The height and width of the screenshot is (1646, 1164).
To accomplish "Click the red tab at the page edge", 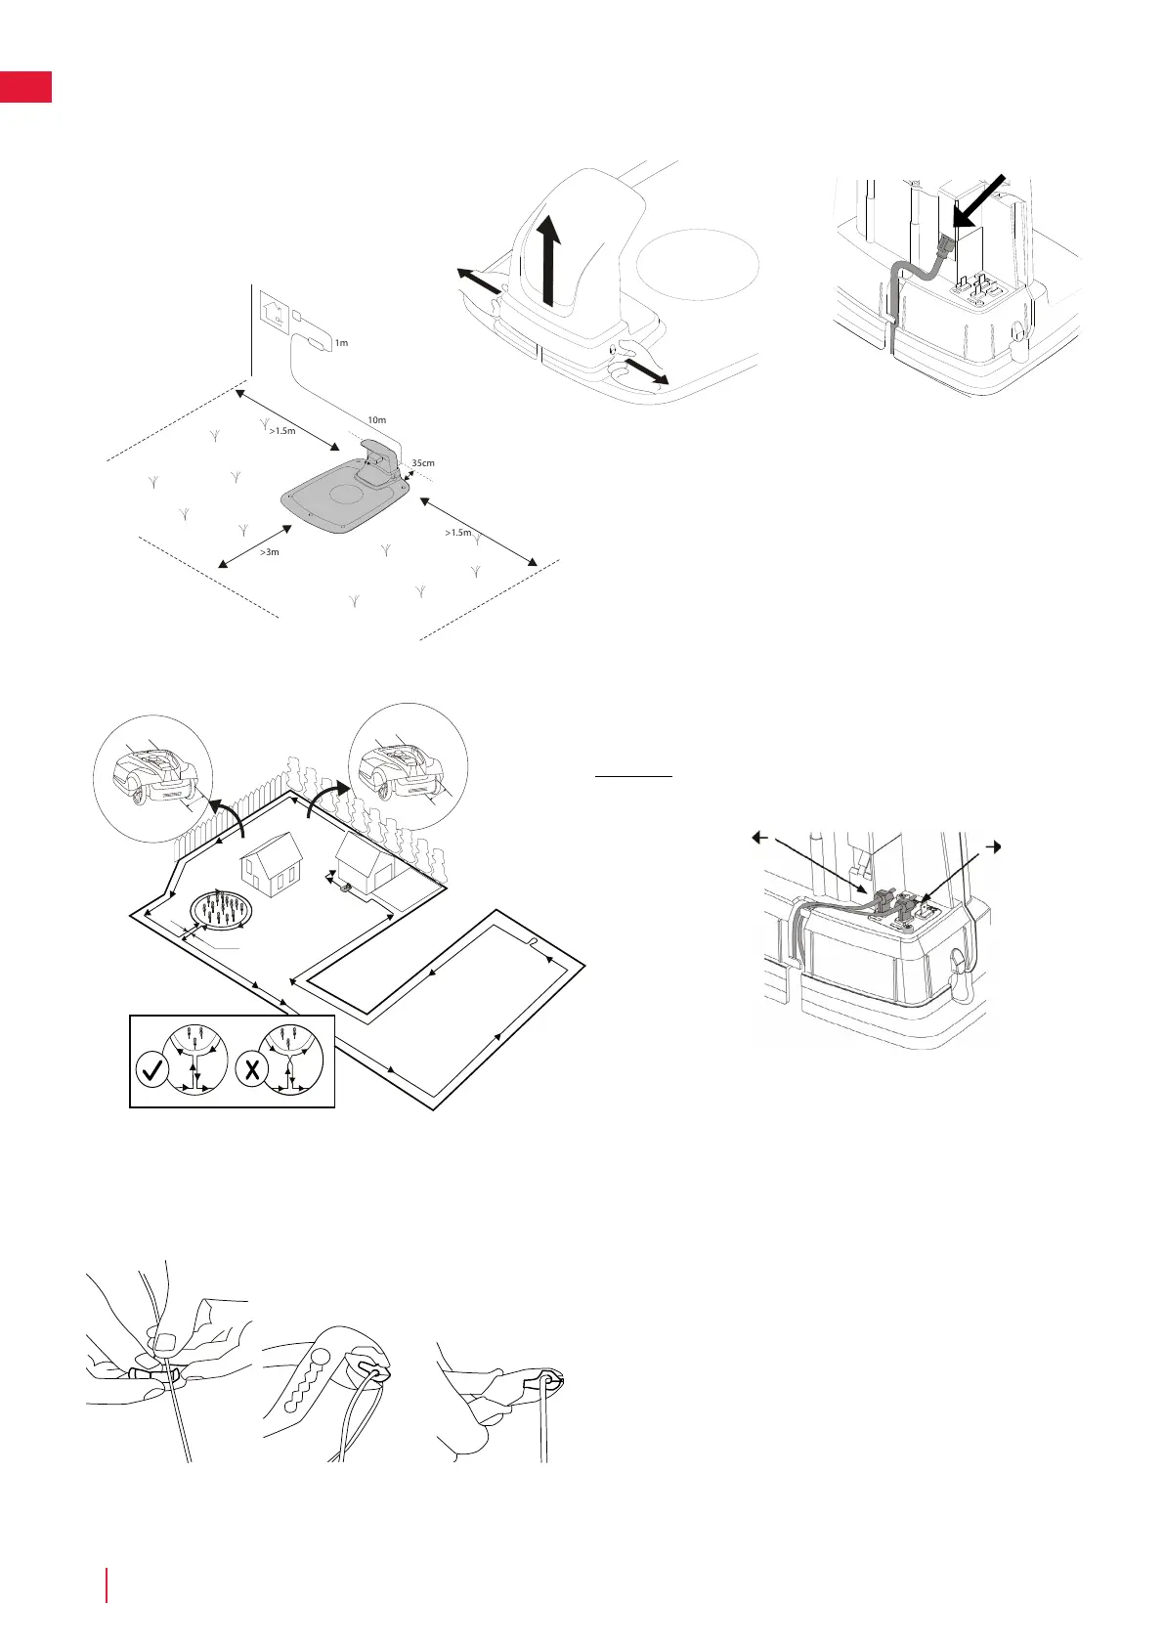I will [25, 86].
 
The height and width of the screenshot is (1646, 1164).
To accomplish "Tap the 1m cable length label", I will [341, 343].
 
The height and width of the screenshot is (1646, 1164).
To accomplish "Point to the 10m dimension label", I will [376, 420].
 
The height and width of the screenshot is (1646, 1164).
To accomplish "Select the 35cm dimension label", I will [423, 463].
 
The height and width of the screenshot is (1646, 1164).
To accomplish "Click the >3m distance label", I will [269, 552].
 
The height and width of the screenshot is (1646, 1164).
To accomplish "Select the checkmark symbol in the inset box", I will [153, 1070].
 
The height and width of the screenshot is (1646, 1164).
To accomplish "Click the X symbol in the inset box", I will [253, 1069].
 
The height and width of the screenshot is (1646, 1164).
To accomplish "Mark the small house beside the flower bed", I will [274, 862].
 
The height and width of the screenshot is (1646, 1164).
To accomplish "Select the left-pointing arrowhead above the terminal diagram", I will [757, 837].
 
